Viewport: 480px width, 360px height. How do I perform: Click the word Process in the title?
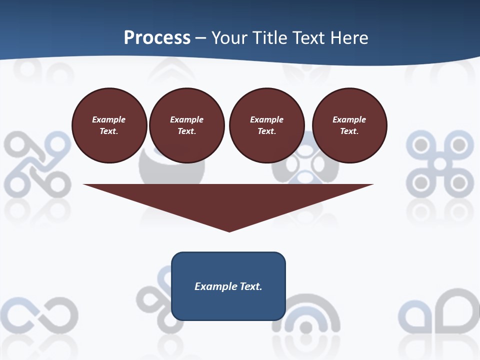157,38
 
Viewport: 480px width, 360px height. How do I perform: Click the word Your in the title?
228,38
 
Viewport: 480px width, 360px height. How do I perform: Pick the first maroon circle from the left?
109,125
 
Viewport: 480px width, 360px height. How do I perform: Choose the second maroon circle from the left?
187,125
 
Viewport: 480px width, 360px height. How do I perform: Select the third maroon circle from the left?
267,125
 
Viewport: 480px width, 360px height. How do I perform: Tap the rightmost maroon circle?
349,125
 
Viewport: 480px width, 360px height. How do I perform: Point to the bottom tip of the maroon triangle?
229,230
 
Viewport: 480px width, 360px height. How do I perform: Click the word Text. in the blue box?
250,286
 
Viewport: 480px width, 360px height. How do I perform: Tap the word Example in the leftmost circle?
109,119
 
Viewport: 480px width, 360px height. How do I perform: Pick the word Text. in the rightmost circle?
349,131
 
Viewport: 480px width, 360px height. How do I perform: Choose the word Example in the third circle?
267,119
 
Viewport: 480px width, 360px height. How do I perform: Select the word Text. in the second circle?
187,131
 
